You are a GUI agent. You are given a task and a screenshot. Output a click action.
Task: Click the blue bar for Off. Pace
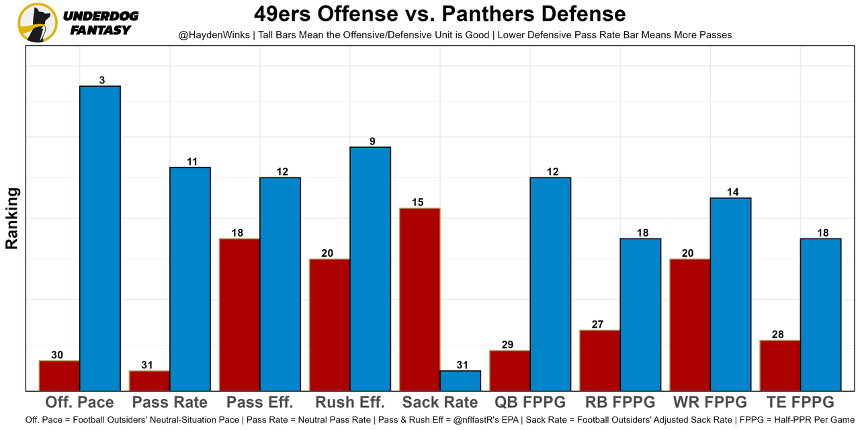[100, 238]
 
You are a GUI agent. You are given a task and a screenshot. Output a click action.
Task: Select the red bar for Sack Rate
[420, 299]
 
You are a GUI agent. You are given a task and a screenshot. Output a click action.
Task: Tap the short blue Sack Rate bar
[460, 380]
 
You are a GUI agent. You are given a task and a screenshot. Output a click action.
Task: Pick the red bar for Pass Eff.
[240, 314]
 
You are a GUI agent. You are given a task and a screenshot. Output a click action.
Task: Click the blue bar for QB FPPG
[550, 284]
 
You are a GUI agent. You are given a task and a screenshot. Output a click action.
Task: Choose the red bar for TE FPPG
[780, 365]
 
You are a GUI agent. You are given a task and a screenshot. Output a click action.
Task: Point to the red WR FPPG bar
[690, 325]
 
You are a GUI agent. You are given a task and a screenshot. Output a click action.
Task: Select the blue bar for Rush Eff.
[370, 269]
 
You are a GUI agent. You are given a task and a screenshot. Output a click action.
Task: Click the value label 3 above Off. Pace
[101, 80]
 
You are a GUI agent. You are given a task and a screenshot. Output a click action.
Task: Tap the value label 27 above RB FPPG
[598, 324]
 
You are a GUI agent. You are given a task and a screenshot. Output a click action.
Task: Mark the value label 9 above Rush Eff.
[372, 141]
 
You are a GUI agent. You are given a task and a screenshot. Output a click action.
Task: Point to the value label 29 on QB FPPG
[508, 345]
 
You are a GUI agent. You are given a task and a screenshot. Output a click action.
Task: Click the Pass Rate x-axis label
[170, 402]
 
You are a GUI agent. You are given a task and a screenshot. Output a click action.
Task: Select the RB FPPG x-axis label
[620, 402]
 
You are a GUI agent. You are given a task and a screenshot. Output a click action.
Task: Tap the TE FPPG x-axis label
[800, 402]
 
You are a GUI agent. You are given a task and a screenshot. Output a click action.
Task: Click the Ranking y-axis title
[12, 218]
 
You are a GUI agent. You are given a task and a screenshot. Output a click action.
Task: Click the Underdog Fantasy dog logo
[38, 22]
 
